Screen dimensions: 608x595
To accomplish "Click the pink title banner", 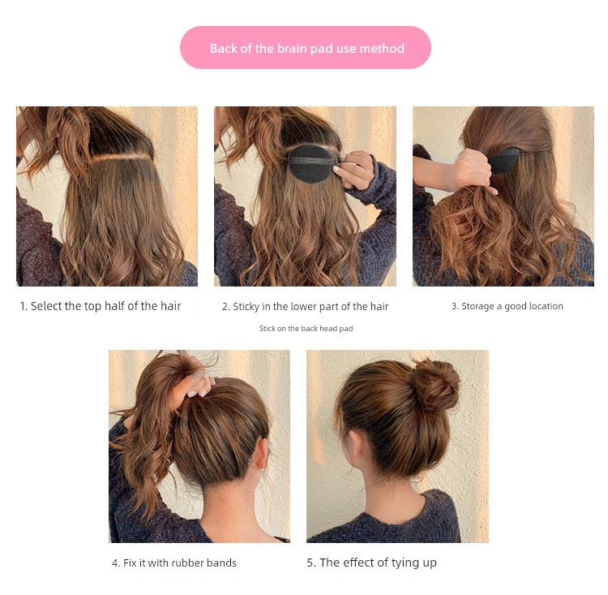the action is point(305,47).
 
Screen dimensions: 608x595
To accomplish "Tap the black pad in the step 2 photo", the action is point(311,163).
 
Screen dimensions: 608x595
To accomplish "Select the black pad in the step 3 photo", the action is point(504,160).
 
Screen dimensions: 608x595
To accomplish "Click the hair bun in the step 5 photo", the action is point(435,385).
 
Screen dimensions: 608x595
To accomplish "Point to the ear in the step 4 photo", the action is point(263,453).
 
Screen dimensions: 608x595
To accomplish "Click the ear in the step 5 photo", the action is point(353,442).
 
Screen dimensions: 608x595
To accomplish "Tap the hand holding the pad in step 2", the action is point(355,170).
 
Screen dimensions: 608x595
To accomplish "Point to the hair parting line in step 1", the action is point(122,157).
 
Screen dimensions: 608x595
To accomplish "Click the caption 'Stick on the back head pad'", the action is point(306,329).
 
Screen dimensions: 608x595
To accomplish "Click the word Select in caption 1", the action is point(46,306).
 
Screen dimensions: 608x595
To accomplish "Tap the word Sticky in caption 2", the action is point(246,307).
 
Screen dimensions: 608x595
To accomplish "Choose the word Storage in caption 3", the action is point(476,306).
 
